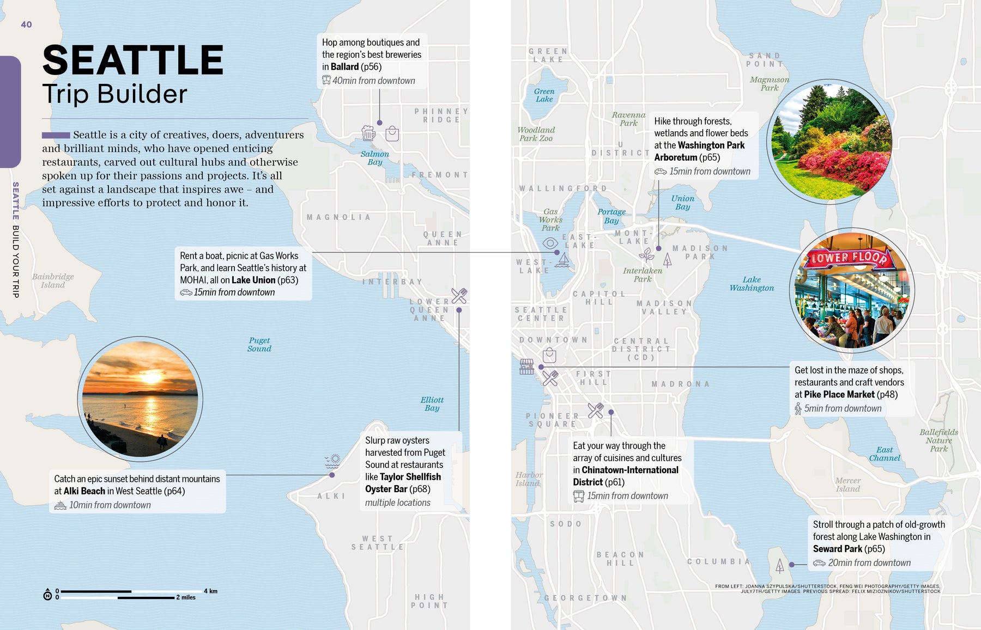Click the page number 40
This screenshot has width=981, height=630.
point(26,25)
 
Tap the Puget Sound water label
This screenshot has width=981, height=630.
point(259,345)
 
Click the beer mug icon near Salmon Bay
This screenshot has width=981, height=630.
point(368,133)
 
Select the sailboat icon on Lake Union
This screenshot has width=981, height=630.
point(564,260)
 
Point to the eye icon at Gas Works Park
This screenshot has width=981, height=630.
point(550,243)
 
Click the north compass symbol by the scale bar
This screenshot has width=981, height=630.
point(47,595)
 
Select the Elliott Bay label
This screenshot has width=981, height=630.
point(432,404)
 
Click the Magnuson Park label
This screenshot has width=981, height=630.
point(769,83)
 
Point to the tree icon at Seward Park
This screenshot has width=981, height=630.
point(780,566)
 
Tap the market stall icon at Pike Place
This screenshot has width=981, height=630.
point(526,366)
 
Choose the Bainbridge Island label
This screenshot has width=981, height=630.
point(53,280)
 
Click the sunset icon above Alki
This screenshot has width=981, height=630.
point(332,461)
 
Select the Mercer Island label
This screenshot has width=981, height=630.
point(848,485)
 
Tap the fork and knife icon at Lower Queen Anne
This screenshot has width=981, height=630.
point(459,296)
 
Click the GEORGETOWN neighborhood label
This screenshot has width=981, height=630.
point(585,598)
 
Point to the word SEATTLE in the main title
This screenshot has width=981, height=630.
point(133,60)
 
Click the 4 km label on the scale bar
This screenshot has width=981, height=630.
point(210,591)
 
